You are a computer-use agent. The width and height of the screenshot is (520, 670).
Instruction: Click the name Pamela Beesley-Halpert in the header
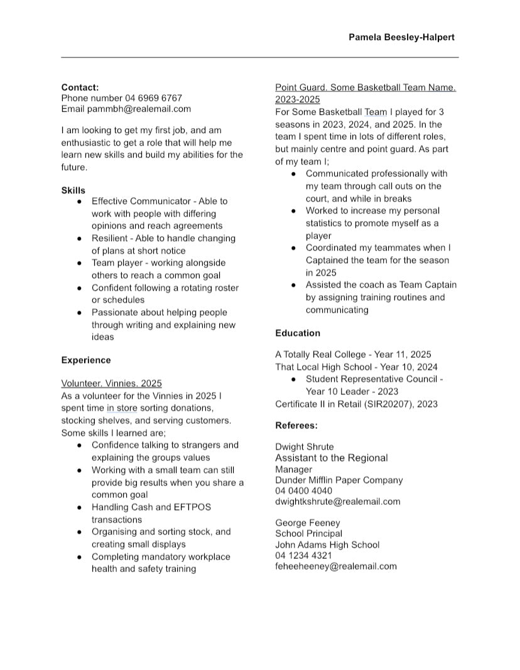pyautogui.click(x=401, y=37)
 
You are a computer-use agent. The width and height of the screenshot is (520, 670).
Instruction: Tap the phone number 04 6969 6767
pyautogui.click(x=153, y=98)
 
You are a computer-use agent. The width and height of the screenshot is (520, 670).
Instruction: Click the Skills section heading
pyautogui.click(x=73, y=190)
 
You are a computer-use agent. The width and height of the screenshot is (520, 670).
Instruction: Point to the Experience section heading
pyautogui.click(x=85, y=360)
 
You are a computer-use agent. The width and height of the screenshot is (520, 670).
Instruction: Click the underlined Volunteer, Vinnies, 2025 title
pyautogui.click(x=111, y=383)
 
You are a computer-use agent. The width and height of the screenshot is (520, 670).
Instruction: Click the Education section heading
pyautogui.click(x=297, y=333)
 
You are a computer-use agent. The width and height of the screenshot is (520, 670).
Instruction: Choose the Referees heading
pyautogui.click(x=296, y=425)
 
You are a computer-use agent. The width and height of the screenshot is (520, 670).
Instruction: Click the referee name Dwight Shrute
pyautogui.click(x=305, y=447)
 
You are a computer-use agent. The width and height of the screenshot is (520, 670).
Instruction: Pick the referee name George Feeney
pyautogui.click(x=307, y=522)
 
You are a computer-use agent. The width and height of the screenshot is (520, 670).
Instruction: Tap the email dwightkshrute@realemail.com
pyautogui.click(x=337, y=501)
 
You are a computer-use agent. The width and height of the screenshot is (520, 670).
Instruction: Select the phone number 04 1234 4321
pyautogui.click(x=303, y=555)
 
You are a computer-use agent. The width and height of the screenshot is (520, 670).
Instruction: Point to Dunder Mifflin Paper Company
pyautogui.click(x=339, y=480)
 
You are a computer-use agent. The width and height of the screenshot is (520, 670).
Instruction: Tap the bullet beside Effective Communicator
pyautogui.click(x=79, y=202)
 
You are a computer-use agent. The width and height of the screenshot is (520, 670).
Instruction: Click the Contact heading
pyautogui.click(x=80, y=87)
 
